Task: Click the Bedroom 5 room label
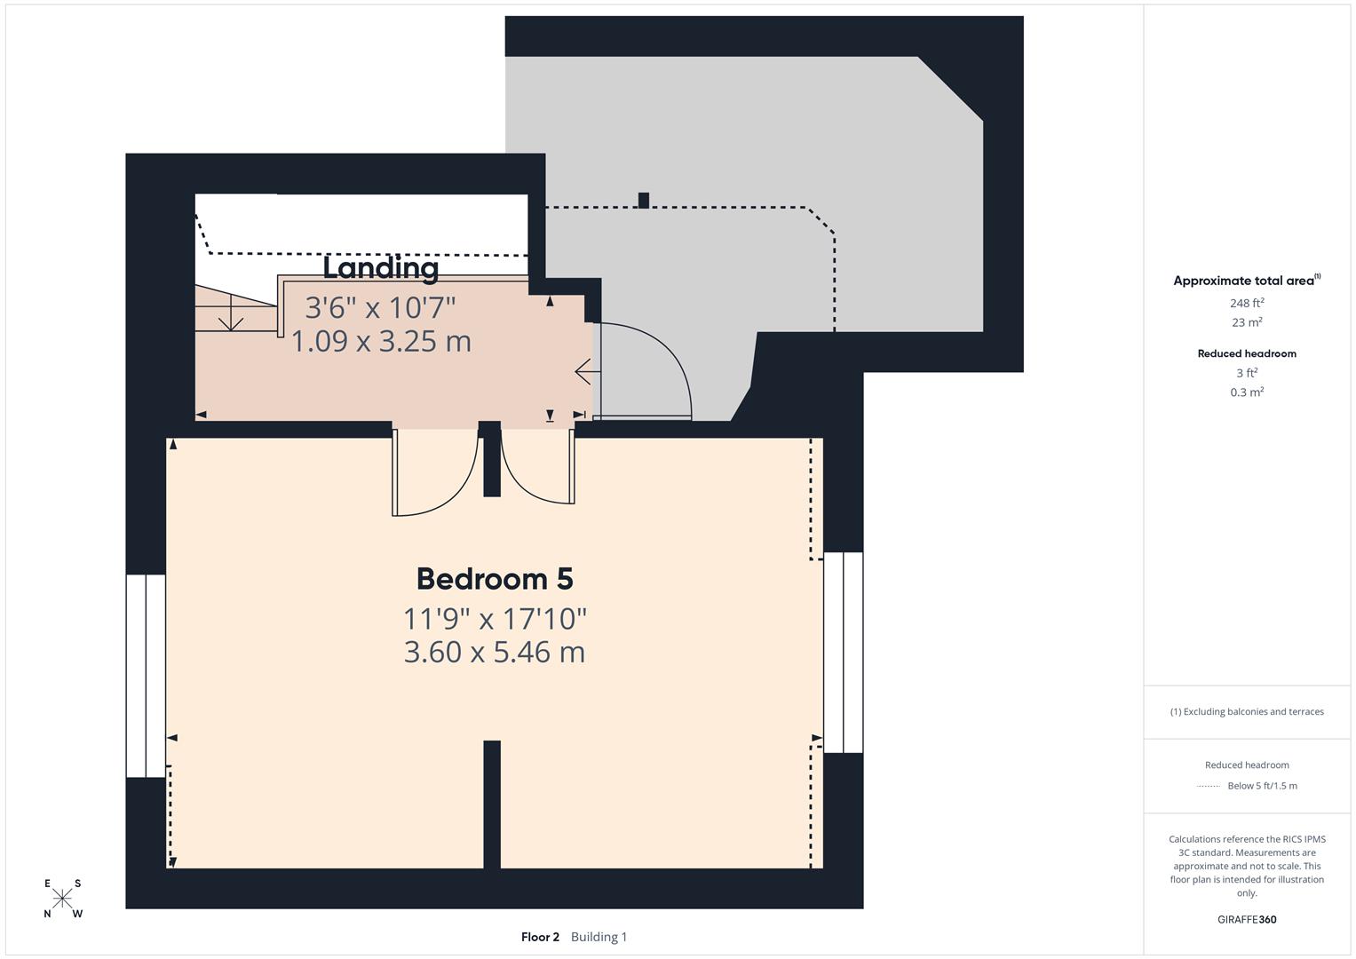[495, 579]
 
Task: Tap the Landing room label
[380, 267]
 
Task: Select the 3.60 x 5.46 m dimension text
[495, 652]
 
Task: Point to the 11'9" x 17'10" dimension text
[495, 617]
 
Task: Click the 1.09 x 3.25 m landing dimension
[381, 341]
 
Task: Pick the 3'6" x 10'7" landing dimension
[380, 307]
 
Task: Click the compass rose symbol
[62, 899]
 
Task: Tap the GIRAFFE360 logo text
[1246, 919]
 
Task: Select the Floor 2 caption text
[540, 937]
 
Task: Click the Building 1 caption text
[599, 937]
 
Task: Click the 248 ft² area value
[1246, 303]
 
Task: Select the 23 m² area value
[1246, 322]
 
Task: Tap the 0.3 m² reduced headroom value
[1246, 392]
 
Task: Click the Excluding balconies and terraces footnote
[1246, 711]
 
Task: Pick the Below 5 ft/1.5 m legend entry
[1261, 786]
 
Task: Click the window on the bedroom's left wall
[146, 675]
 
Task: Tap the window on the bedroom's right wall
[843, 653]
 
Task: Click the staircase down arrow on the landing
[231, 314]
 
